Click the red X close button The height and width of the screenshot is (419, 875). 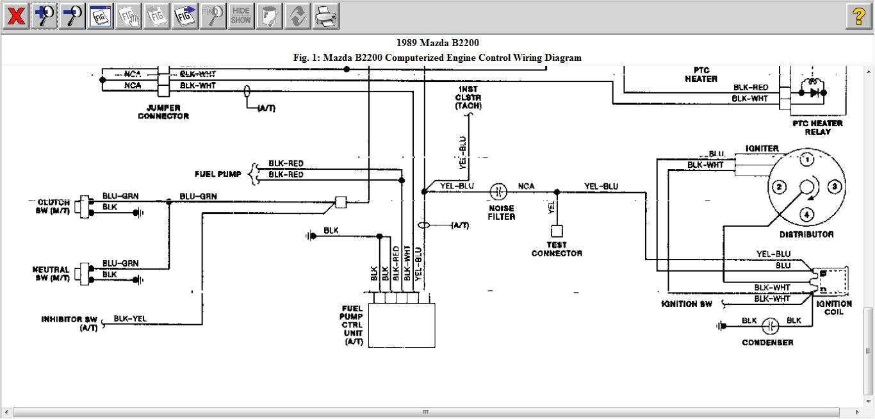[x=15, y=16]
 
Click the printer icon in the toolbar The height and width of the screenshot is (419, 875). [x=325, y=16]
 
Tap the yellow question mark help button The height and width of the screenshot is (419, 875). [x=859, y=16]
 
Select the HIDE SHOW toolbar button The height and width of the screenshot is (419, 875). [x=241, y=16]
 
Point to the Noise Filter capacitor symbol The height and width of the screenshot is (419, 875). [x=498, y=192]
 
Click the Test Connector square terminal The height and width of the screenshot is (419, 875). [x=557, y=231]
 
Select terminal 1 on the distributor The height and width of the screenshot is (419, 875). [x=808, y=160]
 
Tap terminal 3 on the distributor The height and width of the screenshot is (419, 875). [x=834, y=187]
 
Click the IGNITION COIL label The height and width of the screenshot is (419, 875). [x=834, y=308]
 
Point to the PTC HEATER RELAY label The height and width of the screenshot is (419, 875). [x=817, y=127]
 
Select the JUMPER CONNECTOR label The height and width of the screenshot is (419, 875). [x=163, y=112]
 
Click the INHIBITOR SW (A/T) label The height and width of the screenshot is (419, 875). [x=70, y=324]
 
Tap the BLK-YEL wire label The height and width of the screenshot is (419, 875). [x=130, y=318]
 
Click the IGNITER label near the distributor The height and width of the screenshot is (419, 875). [x=762, y=149]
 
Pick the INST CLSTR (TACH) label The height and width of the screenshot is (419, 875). [x=468, y=97]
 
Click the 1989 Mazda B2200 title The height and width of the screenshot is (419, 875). [x=437, y=44]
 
